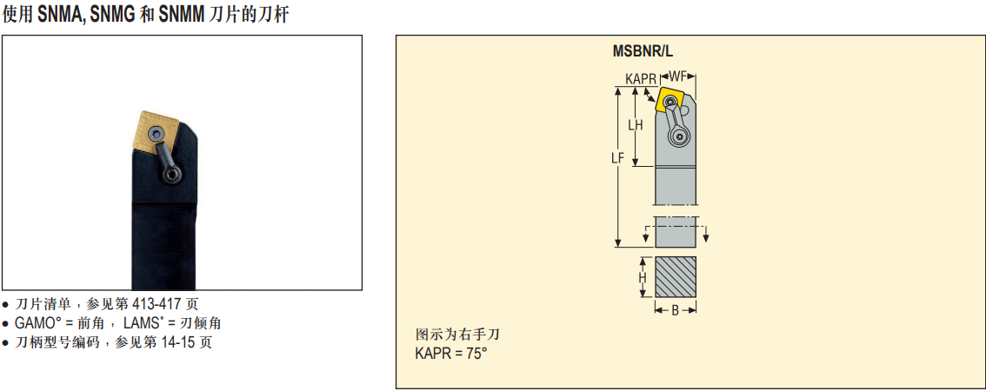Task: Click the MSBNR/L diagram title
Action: pos(643,51)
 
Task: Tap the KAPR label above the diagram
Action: pos(641,78)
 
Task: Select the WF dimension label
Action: pos(679,77)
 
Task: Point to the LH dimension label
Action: pos(636,125)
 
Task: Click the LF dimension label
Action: pos(617,158)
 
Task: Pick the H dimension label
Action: pos(643,277)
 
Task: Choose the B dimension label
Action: pos(676,310)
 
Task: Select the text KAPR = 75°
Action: pos(451,354)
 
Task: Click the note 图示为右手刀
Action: pos(458,335)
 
